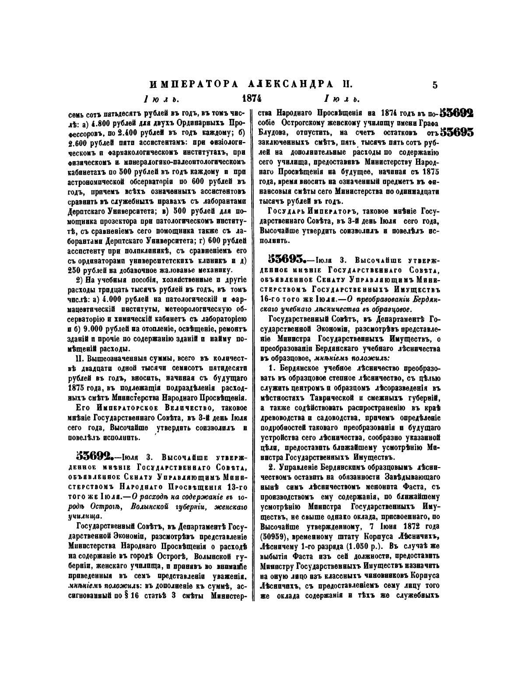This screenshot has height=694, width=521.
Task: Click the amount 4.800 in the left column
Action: point(104,123)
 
